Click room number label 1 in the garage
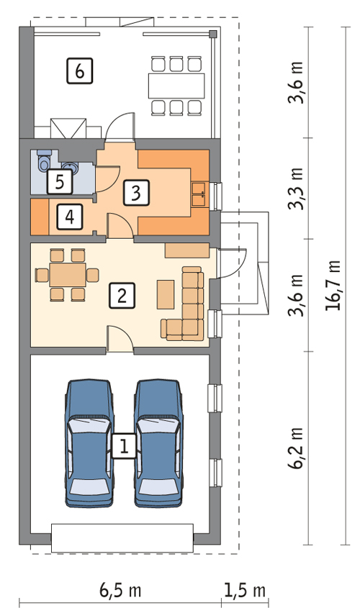[124, 445]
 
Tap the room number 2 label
[122, 296]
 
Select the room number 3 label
[136, 192]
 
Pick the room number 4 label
[70, 216]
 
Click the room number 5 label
[60, 182]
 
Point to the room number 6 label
[80, 71]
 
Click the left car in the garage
[89, 443]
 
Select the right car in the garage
[159, 443]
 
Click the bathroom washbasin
[70, 167]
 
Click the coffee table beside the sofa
[166, 294]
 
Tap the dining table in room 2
[67, 275]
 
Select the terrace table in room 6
[176, 86]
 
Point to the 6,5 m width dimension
[120, 589]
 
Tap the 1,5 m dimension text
[245, 589]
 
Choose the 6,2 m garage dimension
[295, 448]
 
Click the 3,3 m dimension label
[295, 189]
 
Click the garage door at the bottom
[122, 538]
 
